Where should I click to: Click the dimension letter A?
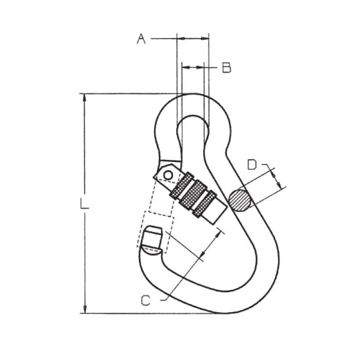141,39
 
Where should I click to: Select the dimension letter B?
227,67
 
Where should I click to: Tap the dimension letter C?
146,300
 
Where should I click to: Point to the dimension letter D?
252,165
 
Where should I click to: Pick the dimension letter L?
84,204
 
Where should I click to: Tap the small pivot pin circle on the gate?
168,175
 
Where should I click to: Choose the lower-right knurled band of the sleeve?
204,204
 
